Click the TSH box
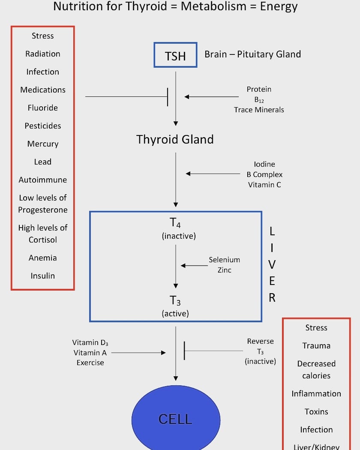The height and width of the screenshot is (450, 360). (x=175, y=55)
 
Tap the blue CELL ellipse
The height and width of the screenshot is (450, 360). (x=176, y=418)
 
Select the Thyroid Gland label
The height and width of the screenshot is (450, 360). (x=175, y=139)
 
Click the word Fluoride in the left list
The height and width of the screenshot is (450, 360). (x=43, y=108)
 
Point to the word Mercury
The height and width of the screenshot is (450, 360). (x=43, y=144)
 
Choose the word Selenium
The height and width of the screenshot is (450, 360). (x=224, y=260)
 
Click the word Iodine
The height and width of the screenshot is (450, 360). (x=264, y=164)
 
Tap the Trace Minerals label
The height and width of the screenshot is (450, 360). (x=259, y=110)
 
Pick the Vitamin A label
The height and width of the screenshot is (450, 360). (x=90, y=353)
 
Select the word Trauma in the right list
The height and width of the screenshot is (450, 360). (x=316, y=345)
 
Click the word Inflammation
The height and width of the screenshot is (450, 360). (x=316, y=393)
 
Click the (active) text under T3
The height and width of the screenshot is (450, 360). (x=175, y=313)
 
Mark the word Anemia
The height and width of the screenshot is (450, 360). (x=43, y=258)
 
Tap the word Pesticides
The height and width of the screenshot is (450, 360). (x=43, y=126)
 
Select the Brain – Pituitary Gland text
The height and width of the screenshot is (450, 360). (x=252, y=54)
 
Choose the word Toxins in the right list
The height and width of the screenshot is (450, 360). (x=316, y=411)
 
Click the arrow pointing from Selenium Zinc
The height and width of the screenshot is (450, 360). (x=194, y=266)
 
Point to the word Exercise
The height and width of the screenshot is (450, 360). (x=90, y=363)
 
